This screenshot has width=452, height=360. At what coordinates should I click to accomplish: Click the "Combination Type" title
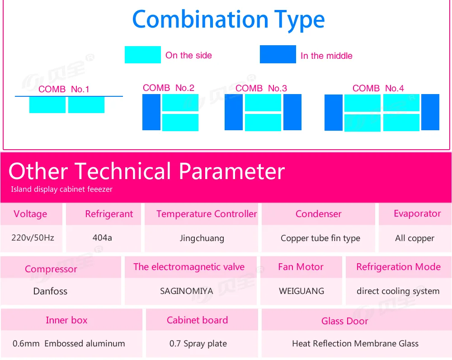point(228,19)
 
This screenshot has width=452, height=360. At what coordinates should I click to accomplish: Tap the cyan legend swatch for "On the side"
point(143,55)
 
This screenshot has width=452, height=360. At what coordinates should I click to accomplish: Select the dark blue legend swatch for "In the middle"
point(278,54)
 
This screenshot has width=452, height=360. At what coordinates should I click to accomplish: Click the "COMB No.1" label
point(64,89)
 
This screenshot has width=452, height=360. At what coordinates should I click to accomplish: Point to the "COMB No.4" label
point(378,88)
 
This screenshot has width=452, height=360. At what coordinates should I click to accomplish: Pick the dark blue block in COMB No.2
point(151,112)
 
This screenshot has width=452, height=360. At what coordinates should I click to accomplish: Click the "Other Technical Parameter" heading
point(147,171)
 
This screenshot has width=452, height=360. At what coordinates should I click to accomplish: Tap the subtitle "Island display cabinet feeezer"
point(61,189)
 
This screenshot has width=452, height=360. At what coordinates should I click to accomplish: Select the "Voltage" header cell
point(30,214)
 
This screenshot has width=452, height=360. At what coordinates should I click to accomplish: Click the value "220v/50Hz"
point(33,238)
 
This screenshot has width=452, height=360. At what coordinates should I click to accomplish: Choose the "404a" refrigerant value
point(102,238)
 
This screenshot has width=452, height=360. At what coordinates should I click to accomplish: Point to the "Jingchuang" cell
point(202,238)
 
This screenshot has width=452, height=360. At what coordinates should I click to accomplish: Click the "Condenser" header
point(318,214)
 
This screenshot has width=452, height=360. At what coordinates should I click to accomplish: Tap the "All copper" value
point(414,238)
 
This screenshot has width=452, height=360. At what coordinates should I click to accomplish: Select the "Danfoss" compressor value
point(50,291)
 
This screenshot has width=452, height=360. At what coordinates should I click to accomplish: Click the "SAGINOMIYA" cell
point(187,291)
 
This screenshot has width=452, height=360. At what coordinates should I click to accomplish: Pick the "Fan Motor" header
point(301,267)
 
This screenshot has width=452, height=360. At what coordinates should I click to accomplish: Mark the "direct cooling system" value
point(398,291)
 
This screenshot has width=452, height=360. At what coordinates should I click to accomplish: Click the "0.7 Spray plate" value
point(198,344)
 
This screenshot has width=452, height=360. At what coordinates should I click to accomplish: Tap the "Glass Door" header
point(344,321)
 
